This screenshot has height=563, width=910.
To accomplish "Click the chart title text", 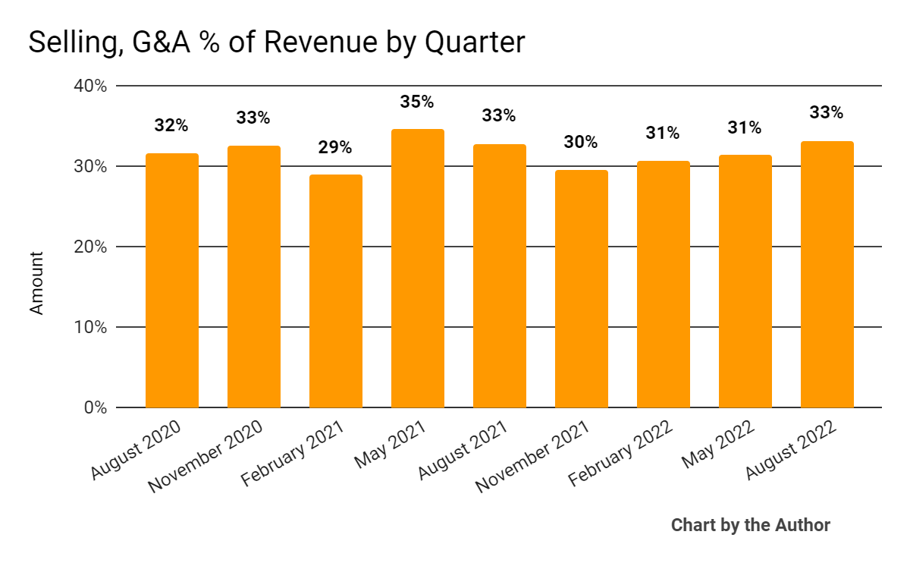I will (x=276, y=42).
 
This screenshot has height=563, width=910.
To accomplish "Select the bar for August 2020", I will (x=172, y=281).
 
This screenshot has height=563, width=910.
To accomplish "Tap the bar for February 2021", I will (x=336, y=291).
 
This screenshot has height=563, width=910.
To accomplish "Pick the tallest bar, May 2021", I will (x=418, y=269).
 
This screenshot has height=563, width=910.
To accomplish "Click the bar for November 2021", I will (x=582, y=289).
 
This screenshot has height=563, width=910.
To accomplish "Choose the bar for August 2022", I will (x=827, y=275).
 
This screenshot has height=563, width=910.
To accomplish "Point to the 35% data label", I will (x=417, y=102).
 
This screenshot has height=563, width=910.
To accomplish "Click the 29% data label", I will (x=335, y=147).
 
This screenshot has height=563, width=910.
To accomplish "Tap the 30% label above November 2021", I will (x=581, y=142).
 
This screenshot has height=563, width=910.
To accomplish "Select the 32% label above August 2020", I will (x=171, y=126).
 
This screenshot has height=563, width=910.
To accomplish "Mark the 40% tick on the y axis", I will (x=90, y=86).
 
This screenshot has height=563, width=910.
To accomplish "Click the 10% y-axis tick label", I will (x=91, y=327).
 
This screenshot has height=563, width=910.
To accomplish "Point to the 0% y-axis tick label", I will (x=95, y=407).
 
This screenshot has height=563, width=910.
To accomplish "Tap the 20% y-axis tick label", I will (x=90, y=247).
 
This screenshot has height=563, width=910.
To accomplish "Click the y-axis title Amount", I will (x=37, y=283).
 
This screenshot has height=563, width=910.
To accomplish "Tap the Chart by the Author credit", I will (x=750, y=525).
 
